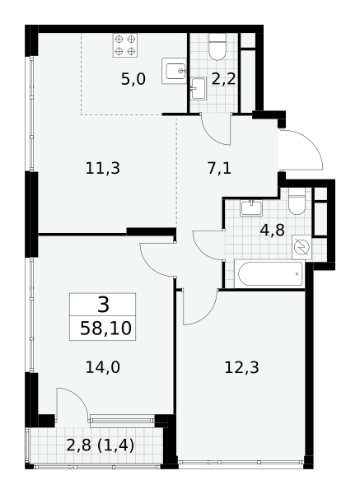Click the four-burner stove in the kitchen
pyautogui.click(x=125, y=45)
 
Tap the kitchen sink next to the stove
pyautogui.click(x=174, y=71)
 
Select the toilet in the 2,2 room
pyautogui.click(x=217, y=47)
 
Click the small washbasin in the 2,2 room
pyautogui.click(x=199, y=89)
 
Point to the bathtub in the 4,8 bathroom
pyautogui.click(x=270, y=274)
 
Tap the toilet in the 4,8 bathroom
pyautogui.click(x=297, y=201)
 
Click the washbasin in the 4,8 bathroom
pyautogui.click(x=251, y=208)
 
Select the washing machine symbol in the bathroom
pyautogui.click(x=302, y=247)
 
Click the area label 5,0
pyautogui.click(x=133, y=79)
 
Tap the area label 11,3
pyautogui.click(x=103, y=168)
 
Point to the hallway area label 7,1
pyautogui.click(x=219, y=168)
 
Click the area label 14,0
pyautogui.click(x=103, y=367)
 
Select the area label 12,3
pyautogui.click(x=242, y=367)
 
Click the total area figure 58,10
pyautogui.click(x=105, y=329)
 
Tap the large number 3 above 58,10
pyautogui.click(x=104, y=305)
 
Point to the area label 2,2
pyautogui.click(x=223, y=79)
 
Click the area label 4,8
pyautogui.click(x=273, y=231)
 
